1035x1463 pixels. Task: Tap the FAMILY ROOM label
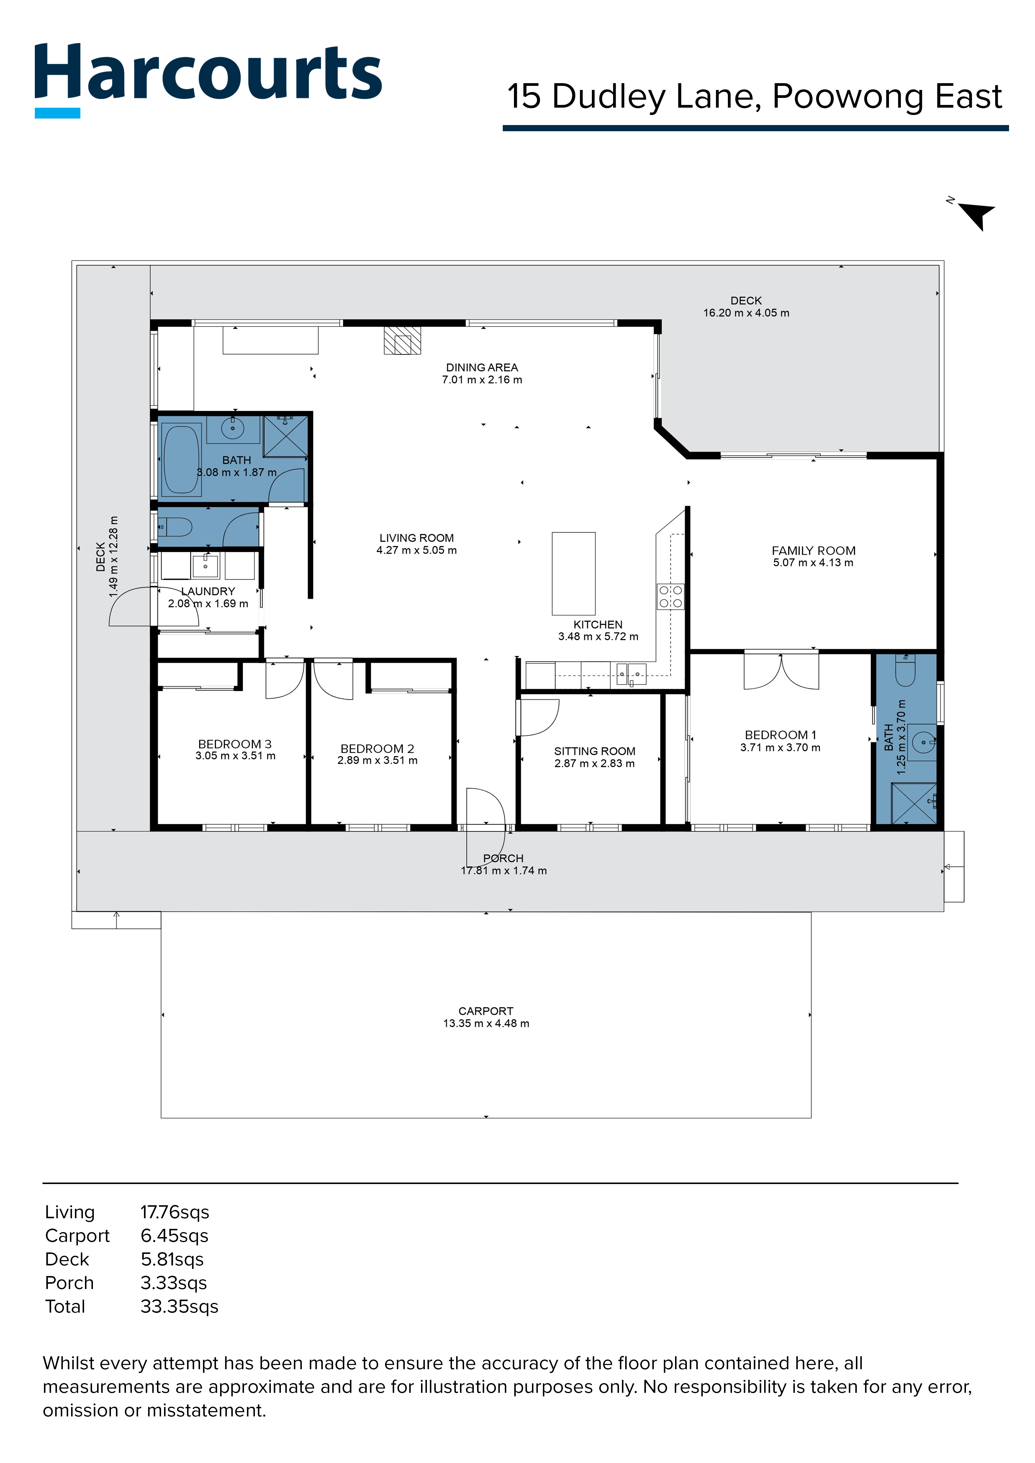click(813, 551)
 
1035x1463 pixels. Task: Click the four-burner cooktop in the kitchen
click(670, 596)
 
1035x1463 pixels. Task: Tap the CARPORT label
click(486, 1011)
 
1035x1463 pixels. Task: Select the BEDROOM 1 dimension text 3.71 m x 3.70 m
click(780, 748)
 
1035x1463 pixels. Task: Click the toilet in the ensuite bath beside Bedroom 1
click(905, 670)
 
